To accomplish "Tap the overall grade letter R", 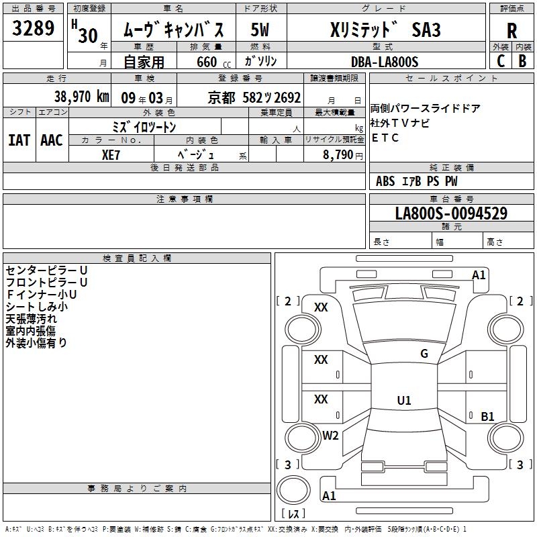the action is pos(511,30).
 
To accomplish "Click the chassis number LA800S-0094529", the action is pos(450,213).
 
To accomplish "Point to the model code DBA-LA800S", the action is pos(385,62).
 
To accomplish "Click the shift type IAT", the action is pos(19,140).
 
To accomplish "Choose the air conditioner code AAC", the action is pos(52,140).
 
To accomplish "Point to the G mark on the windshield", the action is pos(424,354).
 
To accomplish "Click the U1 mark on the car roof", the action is pos(404,401).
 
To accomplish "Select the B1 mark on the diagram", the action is pos(487,416).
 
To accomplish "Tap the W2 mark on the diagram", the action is pos(330,435).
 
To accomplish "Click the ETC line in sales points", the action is pos(385,138).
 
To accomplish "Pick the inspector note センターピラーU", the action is pos(46,270).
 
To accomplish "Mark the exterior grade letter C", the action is pos(500,60).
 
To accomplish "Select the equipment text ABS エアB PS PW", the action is pos(417,181).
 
